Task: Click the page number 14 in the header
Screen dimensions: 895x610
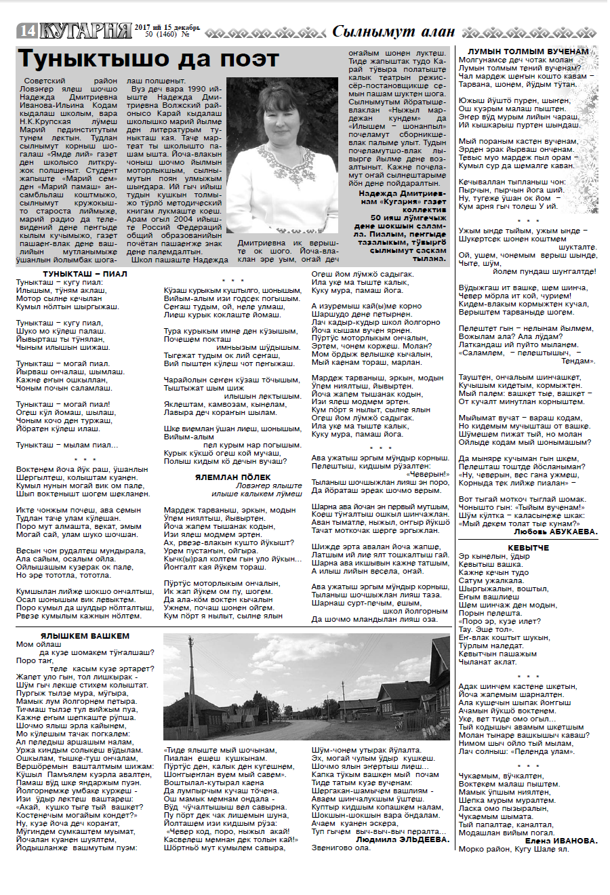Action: tap(27, 31)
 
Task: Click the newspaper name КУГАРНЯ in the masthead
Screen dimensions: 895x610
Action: tap(85, 31)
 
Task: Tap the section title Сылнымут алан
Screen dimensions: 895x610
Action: tap(393, 31)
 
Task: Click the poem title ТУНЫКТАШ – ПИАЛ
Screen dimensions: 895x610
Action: tap(85, 274)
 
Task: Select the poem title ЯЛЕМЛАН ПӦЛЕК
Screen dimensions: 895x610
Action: tap(233, 477)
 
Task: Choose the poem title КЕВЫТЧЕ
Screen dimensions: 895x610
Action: tap(528, 548)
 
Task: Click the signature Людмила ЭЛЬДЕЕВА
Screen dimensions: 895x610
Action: tap(403, 839)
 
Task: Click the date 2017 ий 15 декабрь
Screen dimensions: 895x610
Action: tap(167, 27)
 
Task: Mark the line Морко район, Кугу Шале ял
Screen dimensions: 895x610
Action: tap(514, 849)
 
